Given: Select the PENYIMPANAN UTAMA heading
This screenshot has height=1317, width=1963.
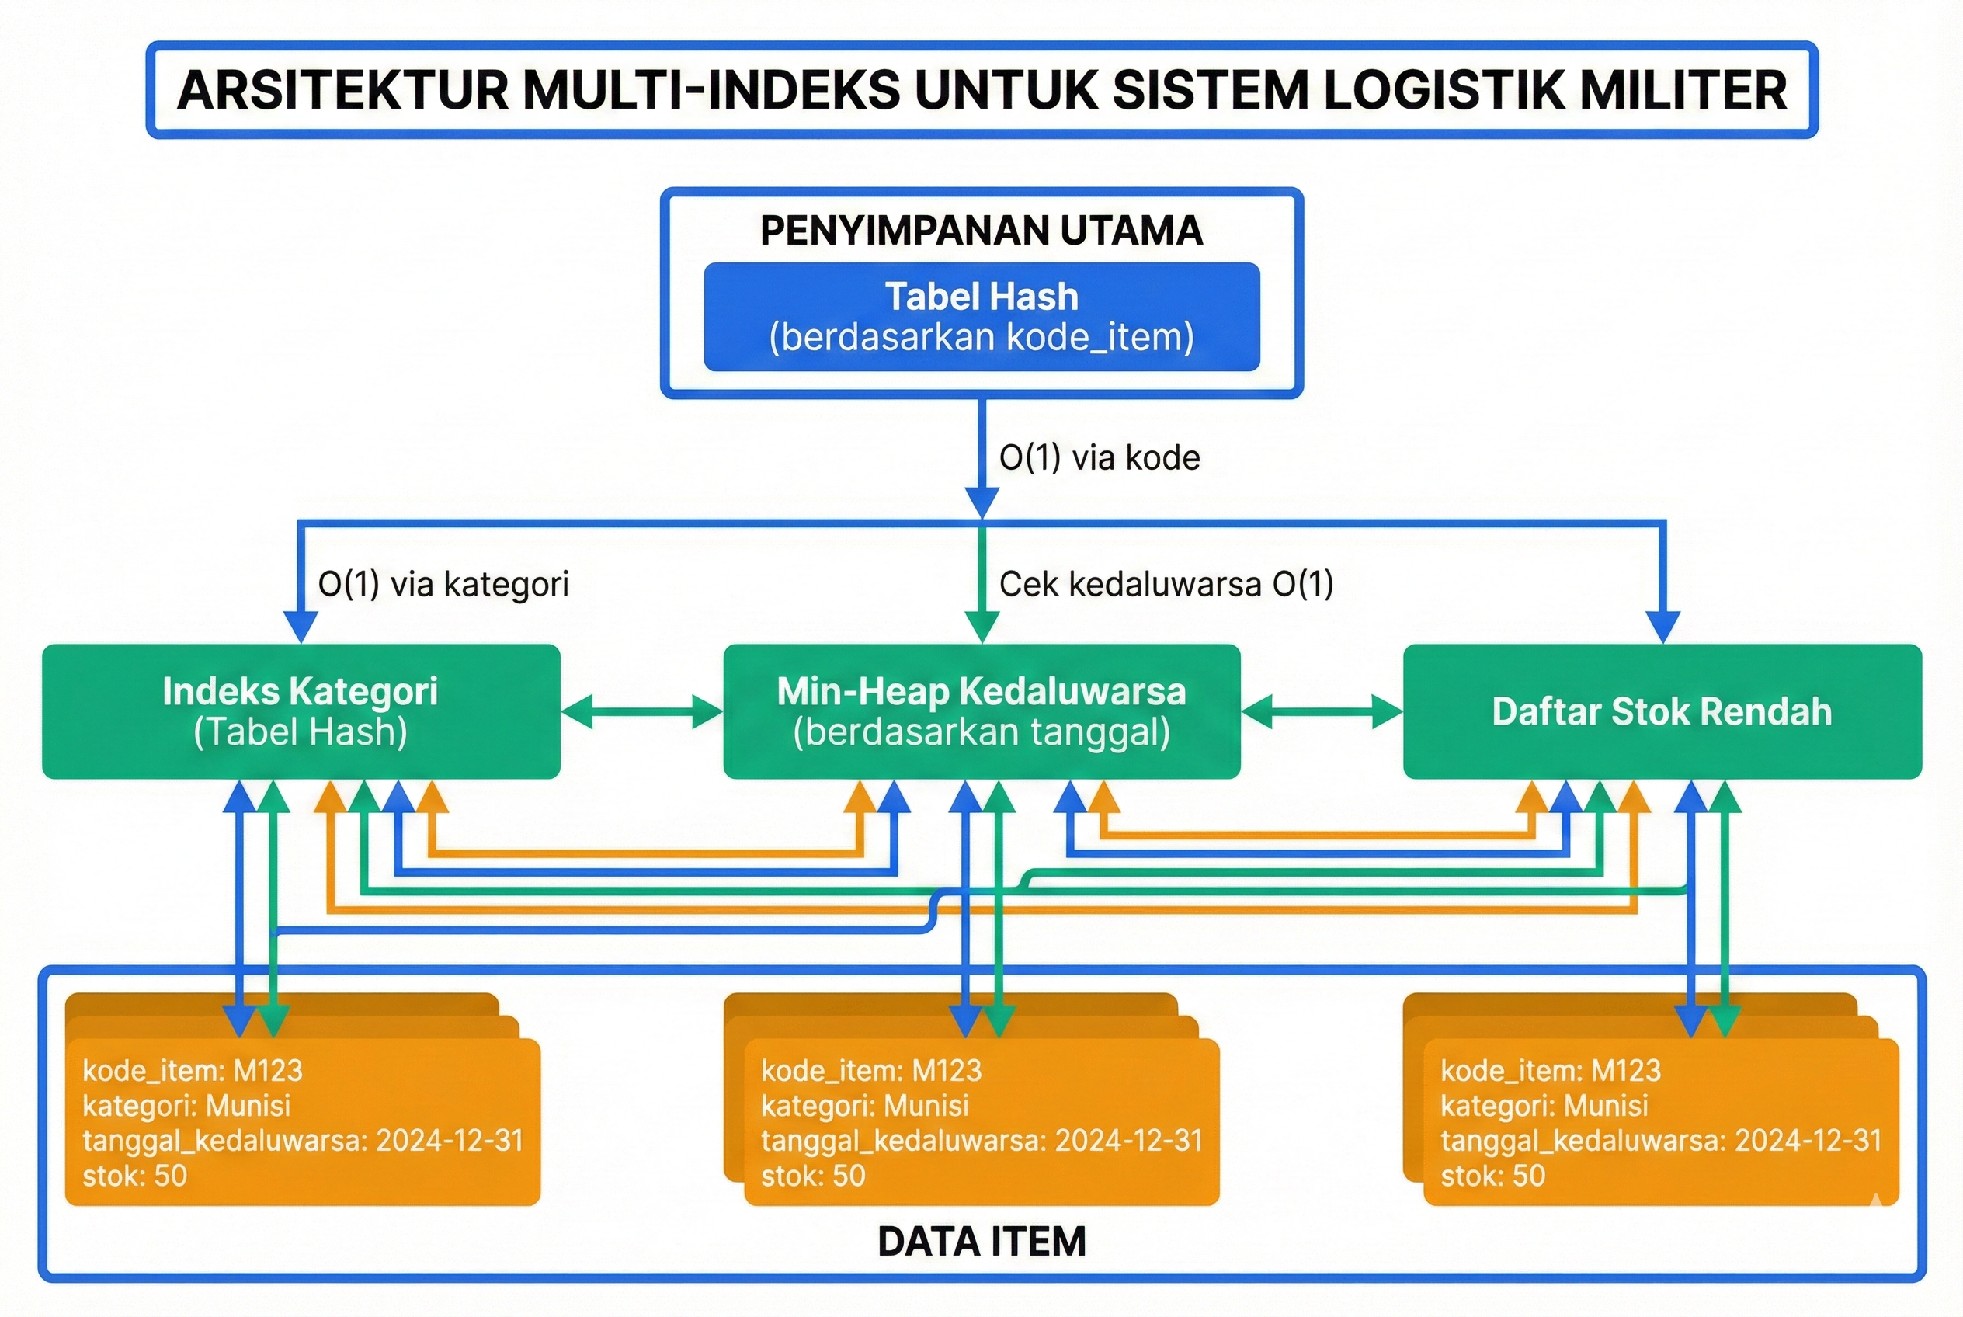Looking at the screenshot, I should coord(981,231).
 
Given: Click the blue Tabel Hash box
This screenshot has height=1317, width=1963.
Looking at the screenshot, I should coord(981,317).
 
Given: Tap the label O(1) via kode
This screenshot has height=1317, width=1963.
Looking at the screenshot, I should coord(1099,457).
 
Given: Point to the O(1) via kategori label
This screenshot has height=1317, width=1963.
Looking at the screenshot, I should coord(443,584).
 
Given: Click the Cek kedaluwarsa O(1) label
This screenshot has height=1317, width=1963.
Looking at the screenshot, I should coord(1166,584).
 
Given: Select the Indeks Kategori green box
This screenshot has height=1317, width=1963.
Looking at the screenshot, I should coord(301,711).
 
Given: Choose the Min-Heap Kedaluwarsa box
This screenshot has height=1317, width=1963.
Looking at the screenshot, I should coord(981,711).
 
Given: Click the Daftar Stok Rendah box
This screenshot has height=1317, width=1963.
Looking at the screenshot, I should coord(1662,711).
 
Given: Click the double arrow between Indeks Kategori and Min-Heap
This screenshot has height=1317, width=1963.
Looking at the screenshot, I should coord(641,711).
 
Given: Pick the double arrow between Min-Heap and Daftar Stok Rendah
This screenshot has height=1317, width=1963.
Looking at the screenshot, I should coord(1322,711).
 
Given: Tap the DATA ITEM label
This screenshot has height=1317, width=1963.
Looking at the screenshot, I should coord(981,1242).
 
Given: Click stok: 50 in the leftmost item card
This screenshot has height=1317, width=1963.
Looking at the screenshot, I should coord(134,1175).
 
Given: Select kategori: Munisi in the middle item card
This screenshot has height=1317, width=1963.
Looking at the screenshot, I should coord(864,1105).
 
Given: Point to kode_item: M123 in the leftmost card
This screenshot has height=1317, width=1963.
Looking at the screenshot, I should coord(193,1070).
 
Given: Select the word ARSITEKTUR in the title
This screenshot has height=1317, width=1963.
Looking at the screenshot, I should coord(342,91).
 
